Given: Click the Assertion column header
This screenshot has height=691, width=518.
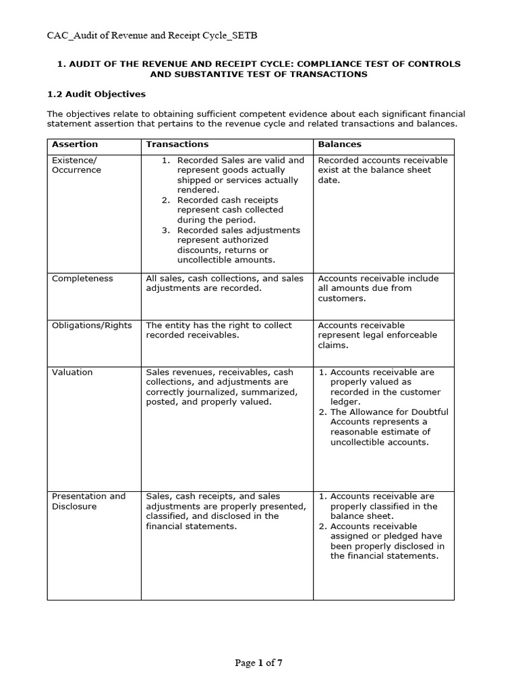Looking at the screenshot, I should (75, 144).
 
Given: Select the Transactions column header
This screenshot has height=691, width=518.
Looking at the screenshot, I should (177, 144).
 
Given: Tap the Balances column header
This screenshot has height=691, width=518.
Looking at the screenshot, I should (339, 144).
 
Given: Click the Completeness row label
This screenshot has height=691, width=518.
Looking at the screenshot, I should (82, 279).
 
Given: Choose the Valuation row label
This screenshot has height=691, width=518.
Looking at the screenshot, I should (72, 372).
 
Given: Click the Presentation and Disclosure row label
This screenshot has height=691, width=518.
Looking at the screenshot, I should (88, 501).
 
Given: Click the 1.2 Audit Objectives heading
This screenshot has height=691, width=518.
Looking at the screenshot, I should (96, 94).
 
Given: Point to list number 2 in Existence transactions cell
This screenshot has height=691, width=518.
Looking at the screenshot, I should (166, 200).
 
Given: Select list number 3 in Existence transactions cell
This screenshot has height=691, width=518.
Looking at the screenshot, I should (166, 230).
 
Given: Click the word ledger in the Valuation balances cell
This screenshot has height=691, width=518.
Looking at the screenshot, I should (345, 402).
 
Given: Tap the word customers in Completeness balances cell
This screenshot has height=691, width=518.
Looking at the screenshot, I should (341, 298).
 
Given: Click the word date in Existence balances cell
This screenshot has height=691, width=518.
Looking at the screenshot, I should (329, 180).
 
